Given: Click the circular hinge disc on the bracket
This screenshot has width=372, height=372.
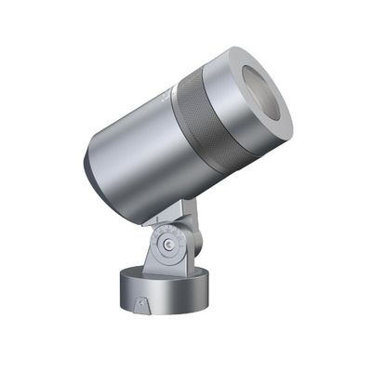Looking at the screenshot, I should [167, 246].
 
